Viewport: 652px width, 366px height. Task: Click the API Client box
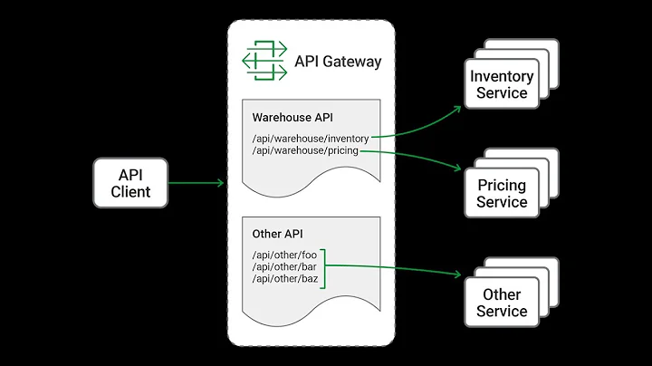tap(130, 182)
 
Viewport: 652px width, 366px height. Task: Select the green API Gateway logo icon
tap(264, 62)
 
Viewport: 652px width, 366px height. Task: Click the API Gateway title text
tap(338, 62)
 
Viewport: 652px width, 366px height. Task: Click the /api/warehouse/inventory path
tap(311, 139)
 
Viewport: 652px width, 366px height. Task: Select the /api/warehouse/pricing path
tap(305, 150)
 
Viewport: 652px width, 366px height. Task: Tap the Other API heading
tap(277, 234)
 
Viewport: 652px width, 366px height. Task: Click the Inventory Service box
tap(501, 85)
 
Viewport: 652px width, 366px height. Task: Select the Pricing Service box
tap(501, 194)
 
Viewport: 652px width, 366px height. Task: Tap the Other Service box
tap(501, 303)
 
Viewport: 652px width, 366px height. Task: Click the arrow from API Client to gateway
tap(196, 183)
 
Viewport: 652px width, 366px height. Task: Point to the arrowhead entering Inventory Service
tap(458, 107)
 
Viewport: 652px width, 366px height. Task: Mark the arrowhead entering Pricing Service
tap(458, 168)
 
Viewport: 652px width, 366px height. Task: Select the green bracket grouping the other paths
tap(323, 267)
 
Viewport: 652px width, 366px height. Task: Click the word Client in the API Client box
tap(130, 191)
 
